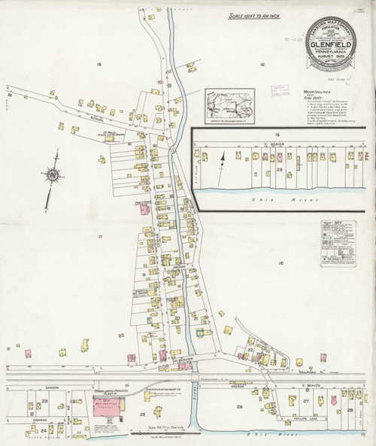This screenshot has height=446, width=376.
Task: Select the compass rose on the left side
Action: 53,175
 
